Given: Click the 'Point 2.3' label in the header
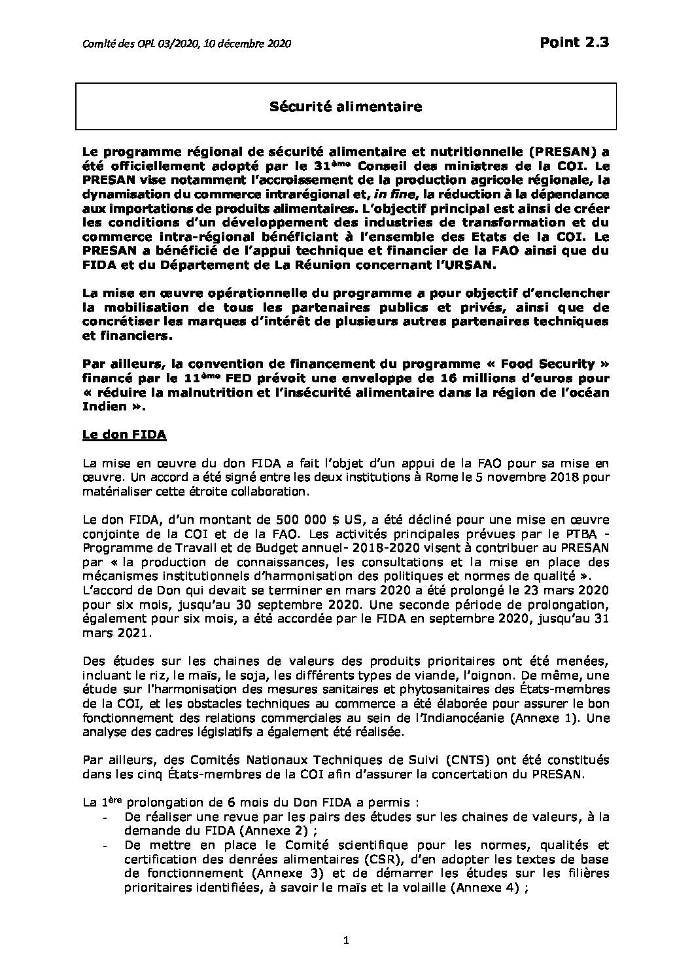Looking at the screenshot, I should click(x=575, y=43).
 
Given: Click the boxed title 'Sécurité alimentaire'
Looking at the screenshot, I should click(x=346, y=106).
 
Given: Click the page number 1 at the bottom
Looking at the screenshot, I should click(x=346, y=960).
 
